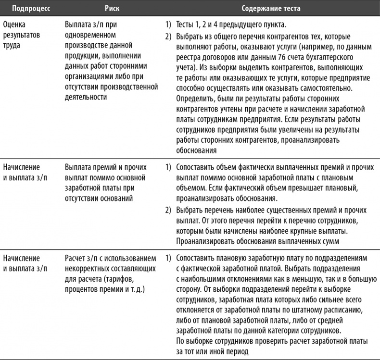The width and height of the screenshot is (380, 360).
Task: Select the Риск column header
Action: coord(112,9)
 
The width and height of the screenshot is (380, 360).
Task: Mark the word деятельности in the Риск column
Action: coord(85,96)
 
